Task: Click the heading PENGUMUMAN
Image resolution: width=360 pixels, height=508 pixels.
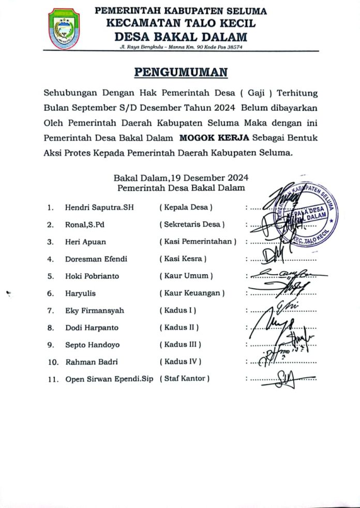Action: [181, 72]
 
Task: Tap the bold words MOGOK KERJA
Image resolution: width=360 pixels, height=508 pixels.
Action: [214, 138]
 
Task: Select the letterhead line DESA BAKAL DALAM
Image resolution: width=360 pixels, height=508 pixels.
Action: [181, 36]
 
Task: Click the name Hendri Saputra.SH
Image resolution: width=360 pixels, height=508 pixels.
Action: [99, 207]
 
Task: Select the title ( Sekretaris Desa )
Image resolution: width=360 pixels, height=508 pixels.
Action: [192, 225]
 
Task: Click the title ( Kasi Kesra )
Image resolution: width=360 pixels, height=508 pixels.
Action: [183, 259]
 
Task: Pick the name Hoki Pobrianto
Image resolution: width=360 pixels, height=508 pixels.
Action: [92, 276]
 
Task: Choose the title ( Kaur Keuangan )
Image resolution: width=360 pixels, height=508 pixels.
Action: [192, 293]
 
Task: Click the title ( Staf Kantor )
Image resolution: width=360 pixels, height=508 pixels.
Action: [185, 379]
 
